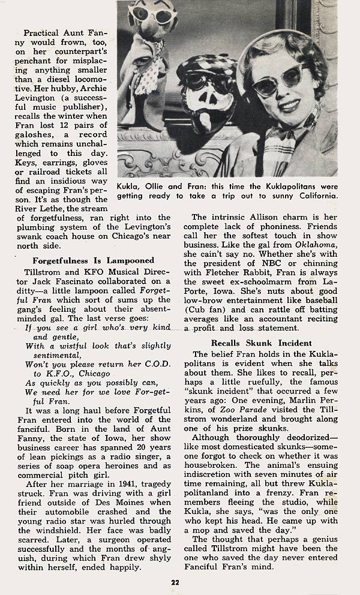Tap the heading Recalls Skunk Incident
coord(261,344)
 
